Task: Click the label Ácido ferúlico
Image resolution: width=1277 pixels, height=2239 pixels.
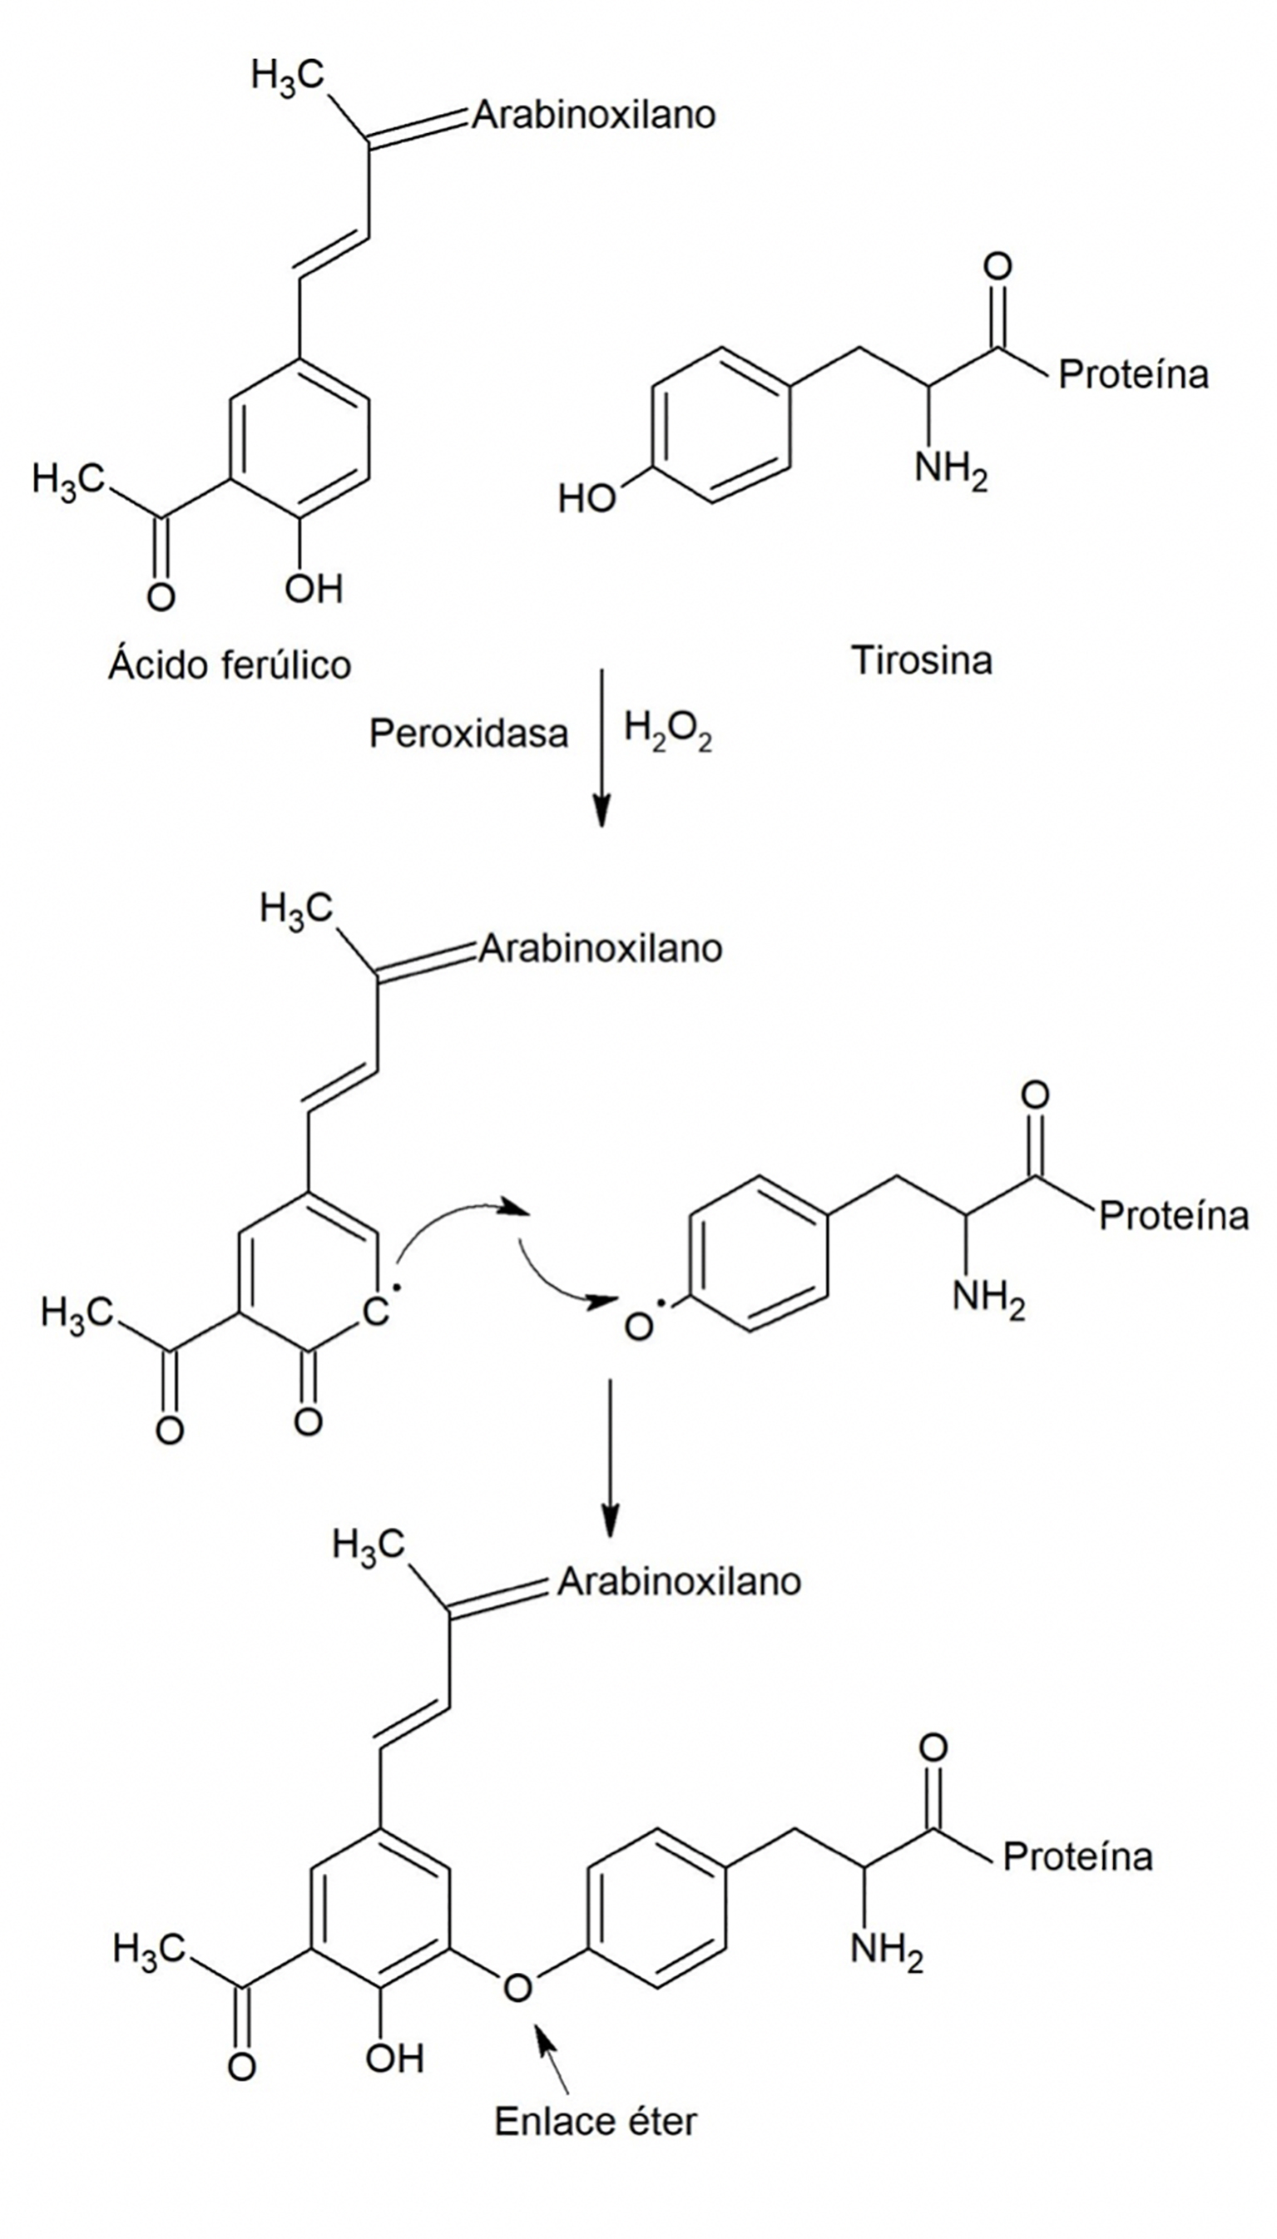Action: (x=230, y=665)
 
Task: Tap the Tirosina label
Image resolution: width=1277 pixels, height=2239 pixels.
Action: (x=922, y=660)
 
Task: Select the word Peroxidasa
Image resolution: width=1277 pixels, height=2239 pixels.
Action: (x=468, y=733)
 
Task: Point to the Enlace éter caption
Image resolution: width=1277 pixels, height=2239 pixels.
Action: (x=596, y=2122)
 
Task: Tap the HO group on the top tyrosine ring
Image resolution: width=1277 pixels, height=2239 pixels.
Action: (x=586, y=500)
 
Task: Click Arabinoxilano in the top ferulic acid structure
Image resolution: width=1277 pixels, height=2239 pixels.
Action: (x=594, y=115)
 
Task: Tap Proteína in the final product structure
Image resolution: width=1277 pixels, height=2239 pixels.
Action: (x=1077, y=1856)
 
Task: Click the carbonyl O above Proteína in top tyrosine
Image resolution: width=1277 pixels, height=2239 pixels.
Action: (x=997, y=265)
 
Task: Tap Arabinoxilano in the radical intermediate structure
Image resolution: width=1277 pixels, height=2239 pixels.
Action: (x=600, y=948)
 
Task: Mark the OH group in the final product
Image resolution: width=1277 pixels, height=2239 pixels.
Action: (x=394, y=2058)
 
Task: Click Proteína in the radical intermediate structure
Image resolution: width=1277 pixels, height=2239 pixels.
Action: (x=1174, y=1215)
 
